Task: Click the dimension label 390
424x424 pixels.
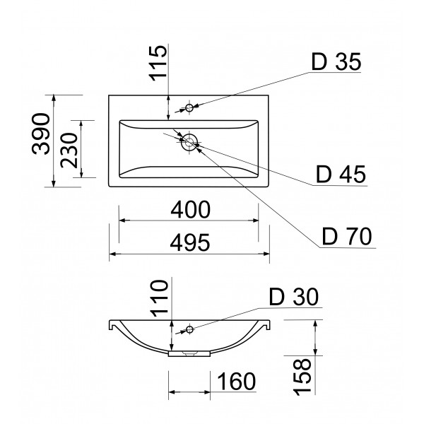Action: pos(41,134)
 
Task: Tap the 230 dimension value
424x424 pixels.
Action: pos(69,151)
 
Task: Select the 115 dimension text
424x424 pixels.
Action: pos(158,63)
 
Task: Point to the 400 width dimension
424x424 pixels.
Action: pos(190,210)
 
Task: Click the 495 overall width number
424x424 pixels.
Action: pos(190,242)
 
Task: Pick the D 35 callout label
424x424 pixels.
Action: pos(336,62)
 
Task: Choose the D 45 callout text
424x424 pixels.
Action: pos(341,175)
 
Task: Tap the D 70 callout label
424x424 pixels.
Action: pos(347,236)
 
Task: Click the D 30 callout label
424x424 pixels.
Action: pos(294,297)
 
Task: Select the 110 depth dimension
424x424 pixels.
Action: pos(159,298)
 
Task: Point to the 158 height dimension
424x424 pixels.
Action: pos(302,377)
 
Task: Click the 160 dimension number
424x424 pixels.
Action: pos(236,382)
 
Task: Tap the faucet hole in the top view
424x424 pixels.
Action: pos(189,107)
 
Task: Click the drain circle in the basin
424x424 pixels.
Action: pos(189,142)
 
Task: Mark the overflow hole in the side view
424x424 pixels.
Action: pos(189,329)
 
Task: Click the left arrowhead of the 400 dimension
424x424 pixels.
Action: pos(122,220)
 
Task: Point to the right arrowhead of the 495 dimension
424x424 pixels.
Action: pos(266,254)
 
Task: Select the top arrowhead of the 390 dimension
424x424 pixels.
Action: pos(54,98)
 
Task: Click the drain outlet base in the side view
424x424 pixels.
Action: pos(189,354)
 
